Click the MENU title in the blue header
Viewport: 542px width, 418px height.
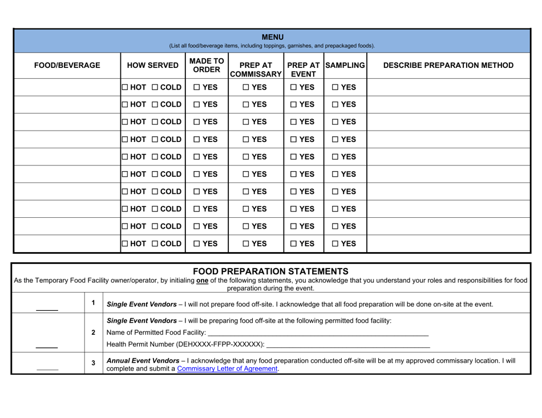[272, 38]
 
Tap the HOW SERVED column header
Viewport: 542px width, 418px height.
[151, 66]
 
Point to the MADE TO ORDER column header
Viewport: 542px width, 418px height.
[206, 66]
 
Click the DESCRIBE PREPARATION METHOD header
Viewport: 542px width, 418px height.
[448, 66]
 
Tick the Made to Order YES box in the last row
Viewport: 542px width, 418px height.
[196, 244]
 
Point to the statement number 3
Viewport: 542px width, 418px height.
[92, 363]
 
